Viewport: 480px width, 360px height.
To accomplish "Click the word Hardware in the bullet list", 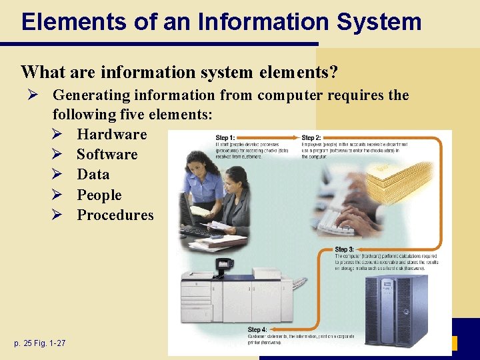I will pos(111,135).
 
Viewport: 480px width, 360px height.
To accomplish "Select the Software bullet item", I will pos(107,155).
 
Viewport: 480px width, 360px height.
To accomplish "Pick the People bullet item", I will pos(99,195).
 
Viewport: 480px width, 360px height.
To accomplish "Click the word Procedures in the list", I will pos(115,215).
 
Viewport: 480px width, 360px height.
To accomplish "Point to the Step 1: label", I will pos(225,138).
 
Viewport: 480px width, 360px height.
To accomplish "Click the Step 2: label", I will pos(312,138).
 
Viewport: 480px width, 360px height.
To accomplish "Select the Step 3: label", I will pos(345,249).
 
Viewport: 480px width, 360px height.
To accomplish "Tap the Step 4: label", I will pos(258,329).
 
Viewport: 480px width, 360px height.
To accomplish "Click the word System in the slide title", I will pos(379,21).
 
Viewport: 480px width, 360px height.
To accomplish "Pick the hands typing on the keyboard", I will pos(360,207).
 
